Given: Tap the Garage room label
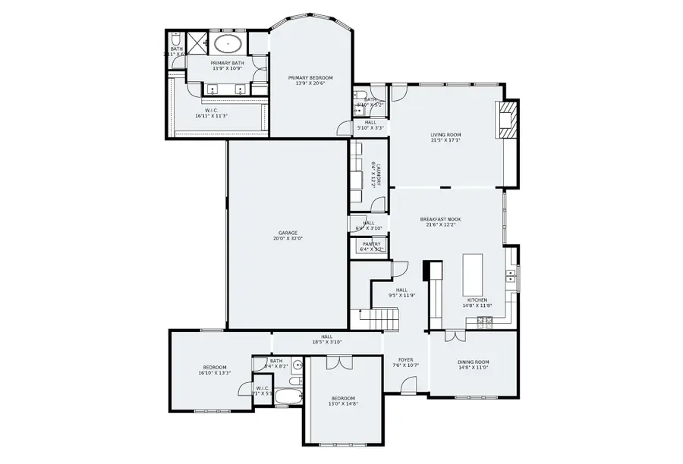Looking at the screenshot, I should [x=288, y=233].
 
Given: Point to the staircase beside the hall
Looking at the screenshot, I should [x=376, y=319].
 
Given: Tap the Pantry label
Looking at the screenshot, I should [x=372, y=243].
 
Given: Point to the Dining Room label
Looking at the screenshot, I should [x=473, y=362].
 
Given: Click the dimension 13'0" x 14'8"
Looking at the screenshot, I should [x=343, y=404].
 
